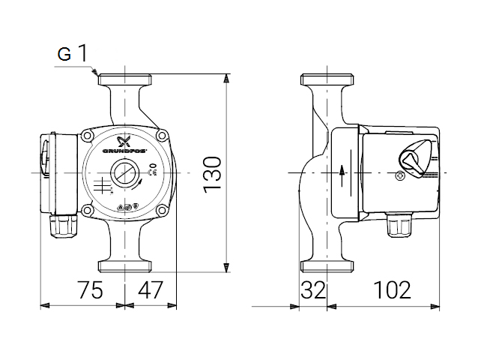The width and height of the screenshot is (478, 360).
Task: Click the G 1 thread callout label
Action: (73, 53)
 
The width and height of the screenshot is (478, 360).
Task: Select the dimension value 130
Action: (212, 174)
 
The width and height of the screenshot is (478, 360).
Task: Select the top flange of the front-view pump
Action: (124, 79)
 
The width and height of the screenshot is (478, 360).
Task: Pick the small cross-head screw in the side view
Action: (400, 178)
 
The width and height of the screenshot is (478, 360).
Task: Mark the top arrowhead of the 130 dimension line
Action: (226, 78)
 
